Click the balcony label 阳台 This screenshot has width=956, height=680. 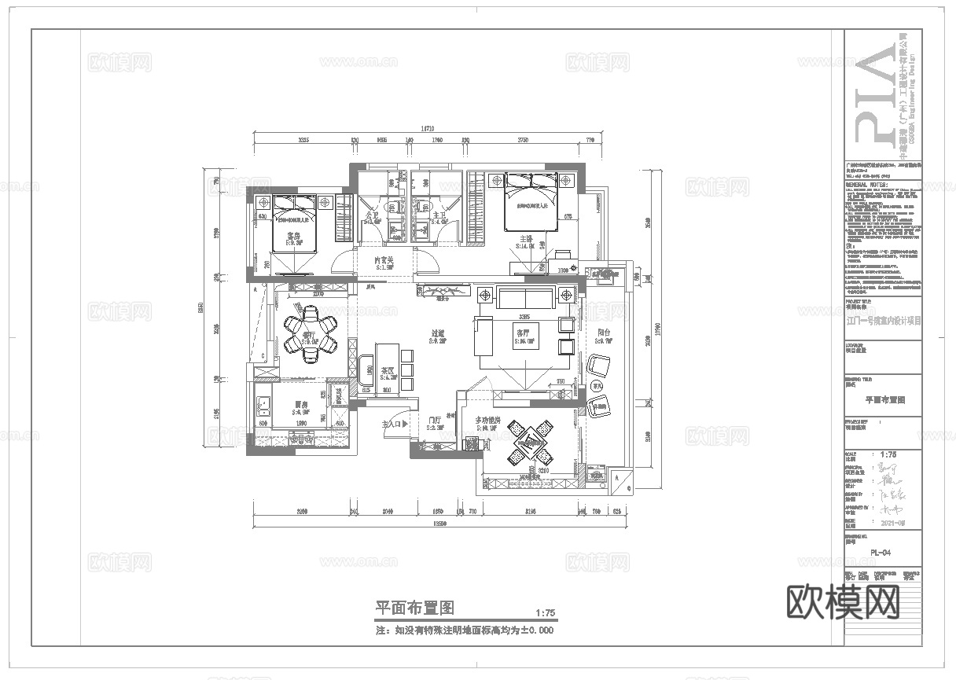point(604,333)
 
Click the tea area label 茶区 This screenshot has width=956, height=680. point(388,370)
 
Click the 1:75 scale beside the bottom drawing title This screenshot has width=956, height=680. point(544,613)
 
